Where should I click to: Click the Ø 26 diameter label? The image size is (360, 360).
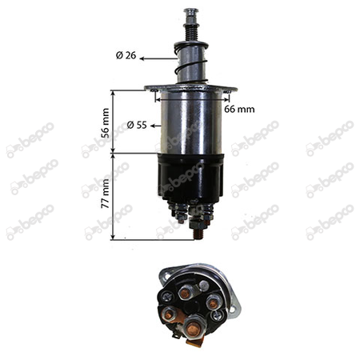(x=126, y=55)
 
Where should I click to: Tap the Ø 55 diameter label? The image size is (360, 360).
(x=137, y=125)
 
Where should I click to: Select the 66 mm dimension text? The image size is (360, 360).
(x=239, y=109)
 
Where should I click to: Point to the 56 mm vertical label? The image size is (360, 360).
(x=106, y=123)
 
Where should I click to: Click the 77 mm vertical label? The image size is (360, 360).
(x=106, y=194)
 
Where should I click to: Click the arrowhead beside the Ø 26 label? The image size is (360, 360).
(x=142, y=58)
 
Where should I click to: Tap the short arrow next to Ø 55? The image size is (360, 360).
(x=156, y=126)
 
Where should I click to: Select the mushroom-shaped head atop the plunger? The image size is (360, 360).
(x=191, y=12)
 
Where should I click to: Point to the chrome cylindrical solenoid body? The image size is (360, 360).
(x=191, y=122)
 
